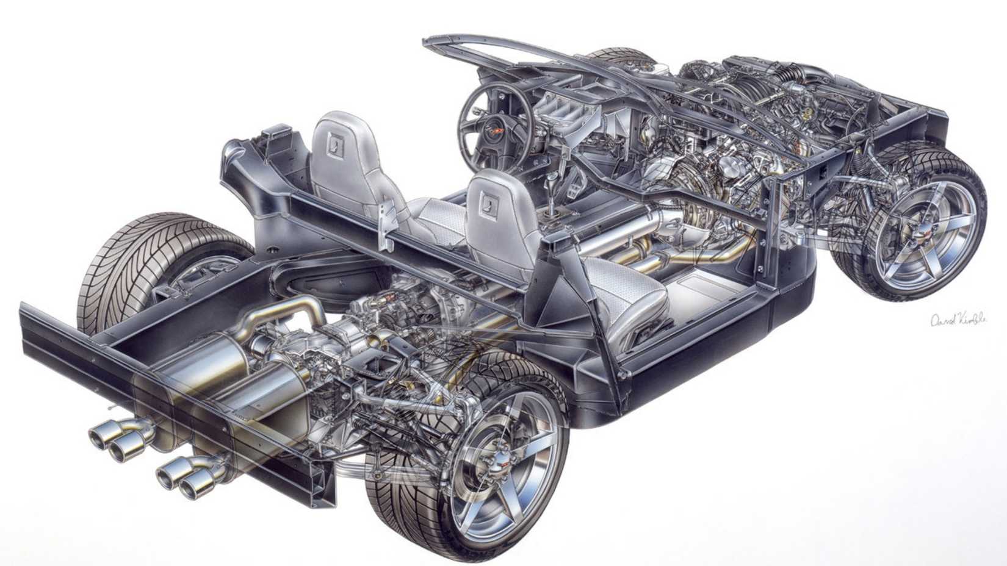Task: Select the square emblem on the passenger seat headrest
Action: tap(488, 199)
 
